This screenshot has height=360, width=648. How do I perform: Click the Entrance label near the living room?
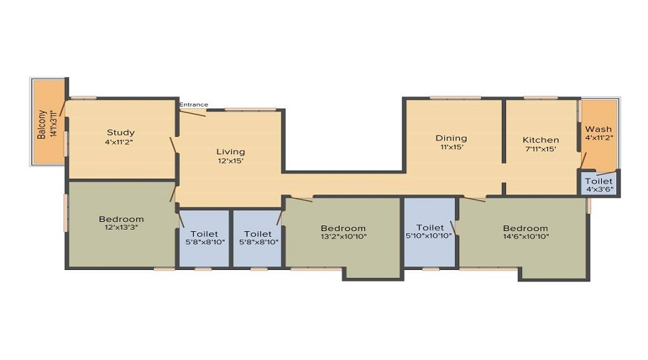(x=194, y=105)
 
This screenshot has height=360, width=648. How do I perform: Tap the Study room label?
(x=121, y=132)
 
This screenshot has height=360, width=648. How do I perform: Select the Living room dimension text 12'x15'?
(x=230, y=161)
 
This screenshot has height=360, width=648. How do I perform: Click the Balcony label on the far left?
(x=42, y=124)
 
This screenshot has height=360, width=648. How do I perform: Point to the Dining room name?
(x=451, y=138)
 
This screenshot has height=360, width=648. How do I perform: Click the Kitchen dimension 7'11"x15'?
(x=541, y=149)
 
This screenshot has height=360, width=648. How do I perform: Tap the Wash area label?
(x=598, y=130)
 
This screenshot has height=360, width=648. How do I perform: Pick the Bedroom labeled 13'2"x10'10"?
(x=343, y=235)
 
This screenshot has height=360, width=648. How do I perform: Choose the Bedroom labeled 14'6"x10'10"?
(x=526, y=235)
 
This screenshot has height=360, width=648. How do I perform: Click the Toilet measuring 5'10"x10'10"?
(x=429, y=235)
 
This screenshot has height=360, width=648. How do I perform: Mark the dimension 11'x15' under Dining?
(x=451, y=147)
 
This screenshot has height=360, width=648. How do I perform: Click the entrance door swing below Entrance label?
(x=193, y=112)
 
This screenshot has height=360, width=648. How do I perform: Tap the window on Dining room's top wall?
(x=455, y=97)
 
